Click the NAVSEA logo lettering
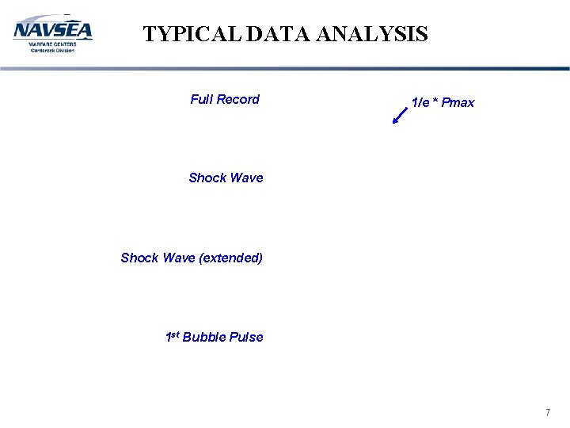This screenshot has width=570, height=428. coord(52,30)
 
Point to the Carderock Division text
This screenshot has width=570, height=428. coord(52,50)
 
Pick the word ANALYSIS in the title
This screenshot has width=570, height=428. coord(372,34)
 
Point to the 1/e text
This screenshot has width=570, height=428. coord(420,102)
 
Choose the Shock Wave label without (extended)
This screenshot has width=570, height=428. coord(226,178)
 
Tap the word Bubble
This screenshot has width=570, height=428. coord(204,337)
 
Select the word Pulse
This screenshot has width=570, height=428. coord(246,337)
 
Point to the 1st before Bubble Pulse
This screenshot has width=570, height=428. coord(172,336)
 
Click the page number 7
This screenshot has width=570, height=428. coord(547,413)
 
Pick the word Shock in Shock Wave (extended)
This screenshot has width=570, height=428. coord(139,258)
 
